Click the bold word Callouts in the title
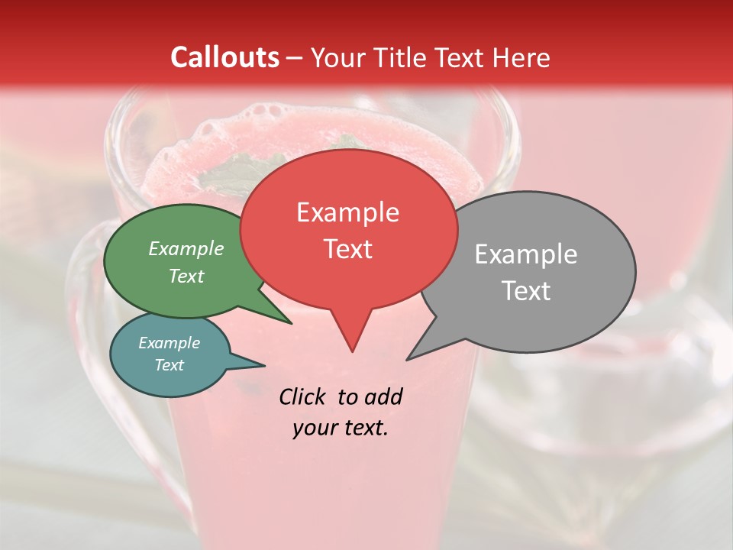click(224, 57)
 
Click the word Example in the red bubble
click(347, 212)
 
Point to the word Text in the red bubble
click(347, 249)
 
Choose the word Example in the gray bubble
click(526, 254)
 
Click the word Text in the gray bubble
click(526, 291)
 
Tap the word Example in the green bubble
click(186, 248)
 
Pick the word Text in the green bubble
click(186, 276)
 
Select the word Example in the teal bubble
click(169, 343)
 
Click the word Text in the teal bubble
click(169, 365)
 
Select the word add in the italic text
click(383, 396)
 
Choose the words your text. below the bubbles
click(341, 428)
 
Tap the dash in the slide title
click(295, 58)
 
